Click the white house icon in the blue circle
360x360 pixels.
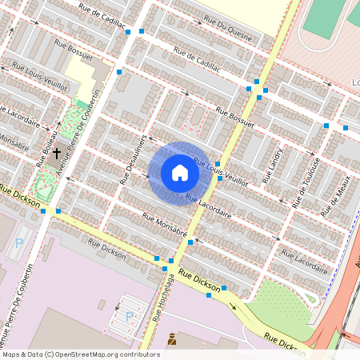point(180,172)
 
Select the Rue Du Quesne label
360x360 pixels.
point(228,28)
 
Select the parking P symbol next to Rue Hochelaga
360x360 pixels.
point(130,316)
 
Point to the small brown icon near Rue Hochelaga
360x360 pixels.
point(171,340)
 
